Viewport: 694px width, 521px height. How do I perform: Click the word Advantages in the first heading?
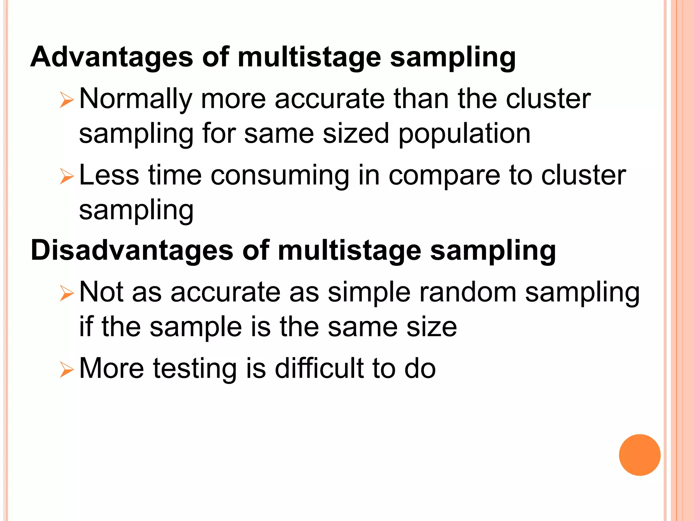pos(112,57)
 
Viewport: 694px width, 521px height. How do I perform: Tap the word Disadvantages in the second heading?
pos(132,250)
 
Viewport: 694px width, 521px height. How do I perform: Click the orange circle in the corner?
pos(639,455)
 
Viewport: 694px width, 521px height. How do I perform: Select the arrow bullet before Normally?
pos(66,100)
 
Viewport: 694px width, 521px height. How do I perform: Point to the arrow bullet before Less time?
pos(66,177)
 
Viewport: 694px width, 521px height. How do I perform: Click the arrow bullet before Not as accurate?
pos(66,293)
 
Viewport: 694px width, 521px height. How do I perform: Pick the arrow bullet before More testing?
pos(66,370)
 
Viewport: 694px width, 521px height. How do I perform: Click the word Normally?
pos(136,99)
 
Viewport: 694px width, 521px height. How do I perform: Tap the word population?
pos(464,134)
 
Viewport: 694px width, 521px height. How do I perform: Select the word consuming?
pos(280,175)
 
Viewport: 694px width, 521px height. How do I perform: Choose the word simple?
pos(369,293)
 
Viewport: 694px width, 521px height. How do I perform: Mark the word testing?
pos(195,369)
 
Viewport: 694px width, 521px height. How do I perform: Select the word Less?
pos(109,175)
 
